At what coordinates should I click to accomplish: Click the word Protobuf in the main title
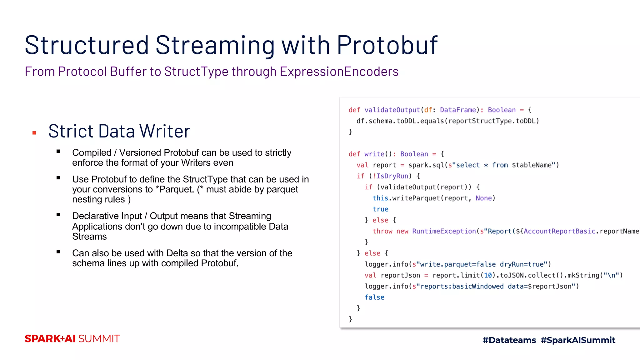[387, 45]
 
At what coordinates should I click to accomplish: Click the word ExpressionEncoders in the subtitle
[339, 72]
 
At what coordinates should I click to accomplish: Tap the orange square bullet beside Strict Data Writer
[34, 133]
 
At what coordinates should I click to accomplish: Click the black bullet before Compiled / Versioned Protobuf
[58, 152]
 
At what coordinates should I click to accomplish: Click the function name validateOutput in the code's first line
[392, 110]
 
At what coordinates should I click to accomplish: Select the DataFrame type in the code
[458, 110]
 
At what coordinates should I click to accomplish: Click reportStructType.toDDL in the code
[493, 121]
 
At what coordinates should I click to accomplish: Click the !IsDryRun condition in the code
[391, 176]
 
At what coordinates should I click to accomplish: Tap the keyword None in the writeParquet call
[483, 198]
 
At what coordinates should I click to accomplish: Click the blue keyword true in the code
[380, 209]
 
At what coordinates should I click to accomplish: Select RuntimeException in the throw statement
[444, 231]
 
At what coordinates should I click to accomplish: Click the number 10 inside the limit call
[488, 275]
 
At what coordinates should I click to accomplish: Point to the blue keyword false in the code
[374, 297]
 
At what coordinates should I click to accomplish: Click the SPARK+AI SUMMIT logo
[72, 339]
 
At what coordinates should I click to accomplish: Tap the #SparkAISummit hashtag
[578, 340]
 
